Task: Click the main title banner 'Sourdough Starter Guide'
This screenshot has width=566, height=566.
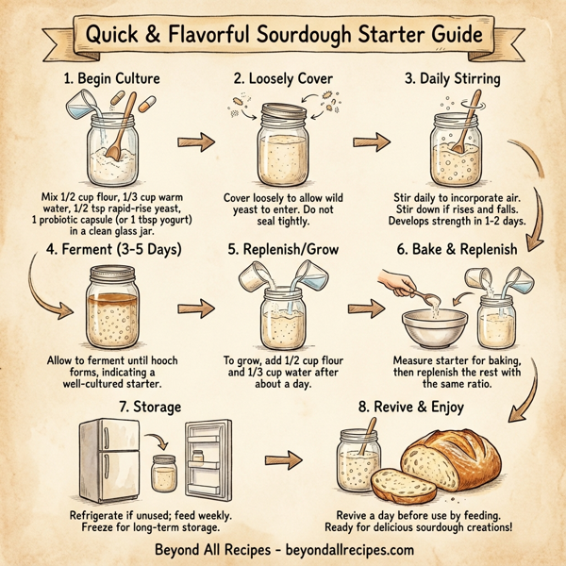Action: pos(283,35)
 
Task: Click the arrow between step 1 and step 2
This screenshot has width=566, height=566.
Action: pos(194,143)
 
